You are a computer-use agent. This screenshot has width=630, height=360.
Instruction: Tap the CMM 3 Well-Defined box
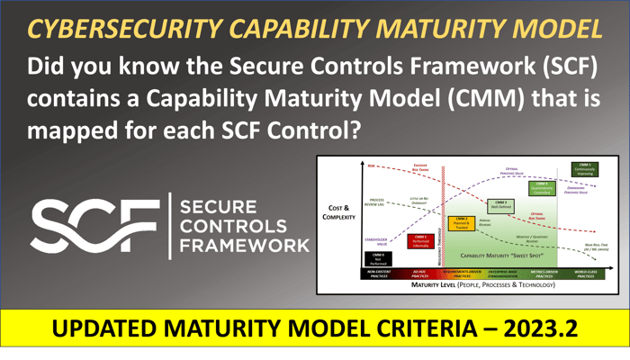point(502,204)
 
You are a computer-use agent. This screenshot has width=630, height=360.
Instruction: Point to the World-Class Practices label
point(583,273)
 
